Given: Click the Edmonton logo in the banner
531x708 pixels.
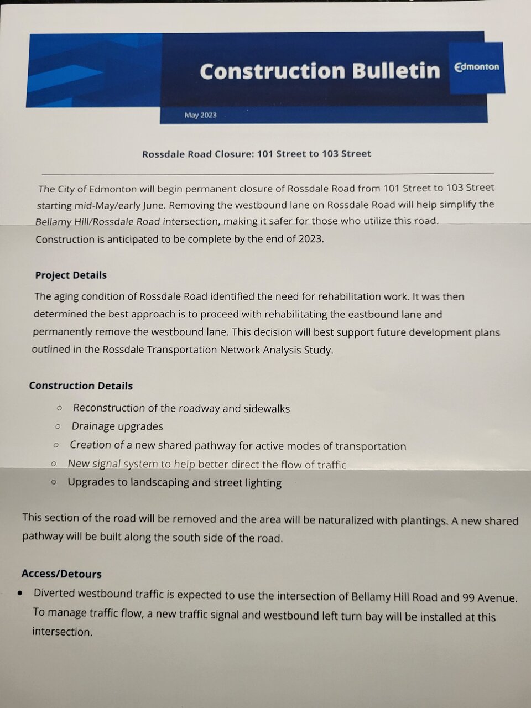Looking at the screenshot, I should click(477, 67).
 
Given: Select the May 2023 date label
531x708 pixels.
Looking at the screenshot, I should click(200, 115).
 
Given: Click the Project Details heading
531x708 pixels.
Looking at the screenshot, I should click(71, 275).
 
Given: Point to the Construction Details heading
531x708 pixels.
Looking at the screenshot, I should click(81, 386).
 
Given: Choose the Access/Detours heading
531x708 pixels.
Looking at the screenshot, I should click(61, 574).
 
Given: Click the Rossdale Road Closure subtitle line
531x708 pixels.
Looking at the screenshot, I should click(256, 154).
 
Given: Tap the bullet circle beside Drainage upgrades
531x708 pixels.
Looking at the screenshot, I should click(58, 426).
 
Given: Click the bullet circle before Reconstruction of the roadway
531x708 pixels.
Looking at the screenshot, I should click(60, 408).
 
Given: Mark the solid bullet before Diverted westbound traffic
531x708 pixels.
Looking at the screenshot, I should click(20, 592).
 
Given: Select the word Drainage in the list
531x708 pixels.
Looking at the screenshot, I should click(95, 426).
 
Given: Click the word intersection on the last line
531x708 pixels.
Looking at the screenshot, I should click(62, 631).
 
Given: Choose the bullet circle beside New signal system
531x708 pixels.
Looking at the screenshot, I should click(54, 464).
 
